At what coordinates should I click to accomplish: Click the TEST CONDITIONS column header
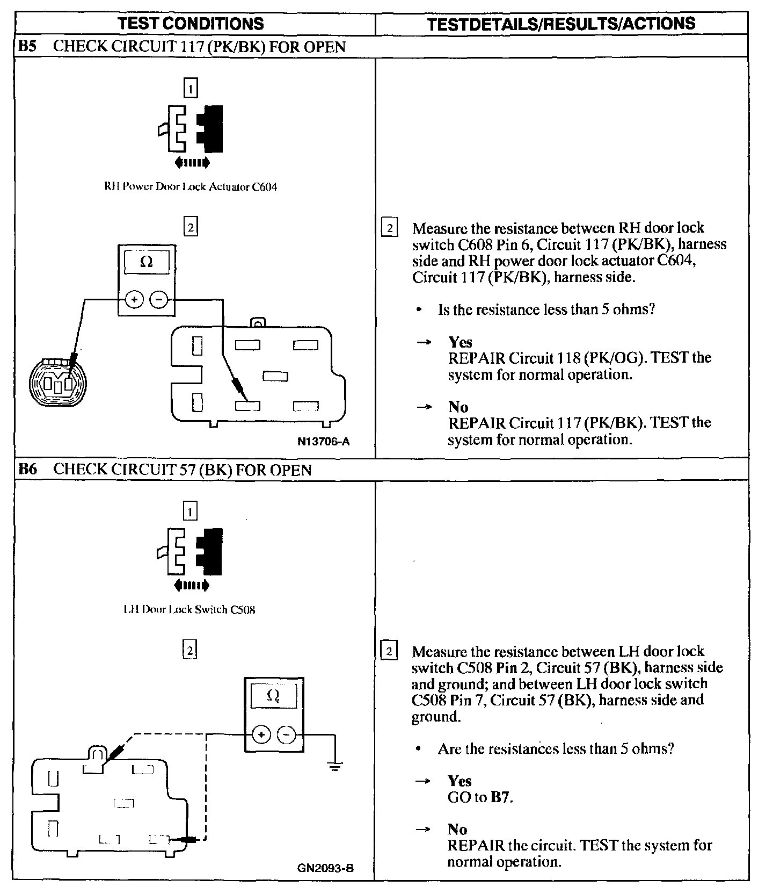pos(191,24)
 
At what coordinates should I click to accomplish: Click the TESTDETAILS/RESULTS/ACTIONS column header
pos(561,24)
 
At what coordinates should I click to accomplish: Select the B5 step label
pos(27,46)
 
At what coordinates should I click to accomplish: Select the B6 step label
pos(27,470)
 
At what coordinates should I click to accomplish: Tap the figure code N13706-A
pos(324,442)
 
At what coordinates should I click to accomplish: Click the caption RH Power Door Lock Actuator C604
pos(191,187)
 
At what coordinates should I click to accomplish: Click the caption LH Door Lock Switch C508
pos(189,610)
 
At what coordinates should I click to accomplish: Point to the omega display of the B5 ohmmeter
pos(146,262)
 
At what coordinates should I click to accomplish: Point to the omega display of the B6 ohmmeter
pos(273,696)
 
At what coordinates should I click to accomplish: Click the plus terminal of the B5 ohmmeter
pos(134,299)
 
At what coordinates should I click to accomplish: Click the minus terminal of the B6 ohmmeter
pos(286,734)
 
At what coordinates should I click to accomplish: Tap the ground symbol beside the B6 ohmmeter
pos(334,766)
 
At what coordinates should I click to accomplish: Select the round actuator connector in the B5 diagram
pos(57,383)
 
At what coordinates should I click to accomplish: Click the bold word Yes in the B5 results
pos(460,342)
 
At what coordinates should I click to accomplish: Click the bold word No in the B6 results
pos(458,829)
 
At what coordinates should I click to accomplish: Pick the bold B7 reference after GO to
pos(501,797)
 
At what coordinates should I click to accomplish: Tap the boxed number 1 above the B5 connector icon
pos(191,88)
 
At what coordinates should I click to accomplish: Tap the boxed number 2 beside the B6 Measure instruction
pos(389,652)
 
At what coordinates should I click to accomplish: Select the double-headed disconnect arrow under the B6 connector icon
pos(191,585)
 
